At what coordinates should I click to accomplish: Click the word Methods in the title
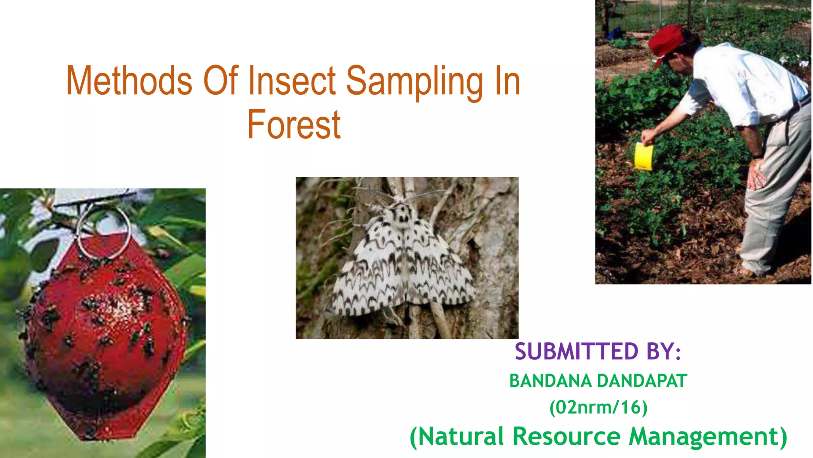coord(129,81)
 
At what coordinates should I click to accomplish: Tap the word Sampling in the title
coord(414,82)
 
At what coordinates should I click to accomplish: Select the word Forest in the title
coord(294,125)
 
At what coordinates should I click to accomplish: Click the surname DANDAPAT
coord(642,381)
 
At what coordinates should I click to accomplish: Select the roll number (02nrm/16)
coord(598,408)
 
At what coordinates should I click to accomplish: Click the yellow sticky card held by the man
coord(643,157)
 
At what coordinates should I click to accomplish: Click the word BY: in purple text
coord(663,352)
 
